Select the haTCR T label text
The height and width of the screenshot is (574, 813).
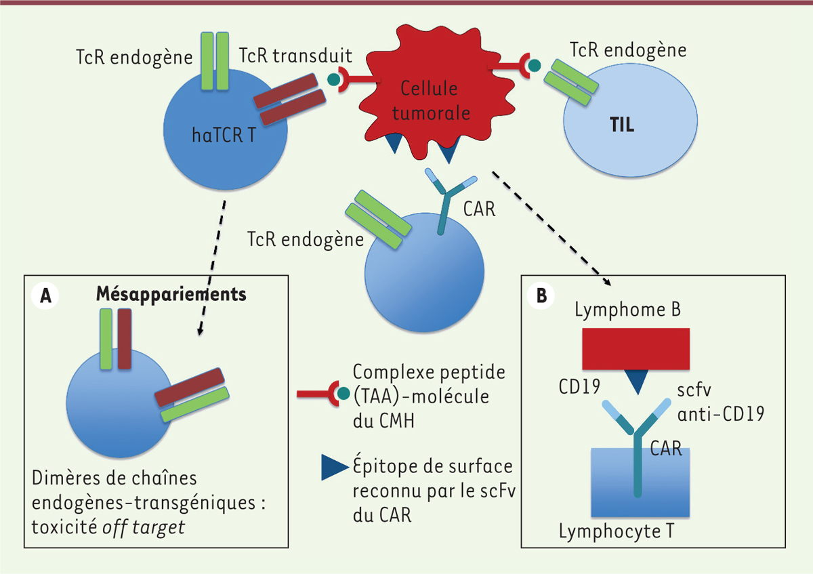pyautogui.click(x=223, y=136)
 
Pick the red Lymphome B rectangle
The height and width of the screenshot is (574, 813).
pyautogui.click(x=636, y=349)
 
